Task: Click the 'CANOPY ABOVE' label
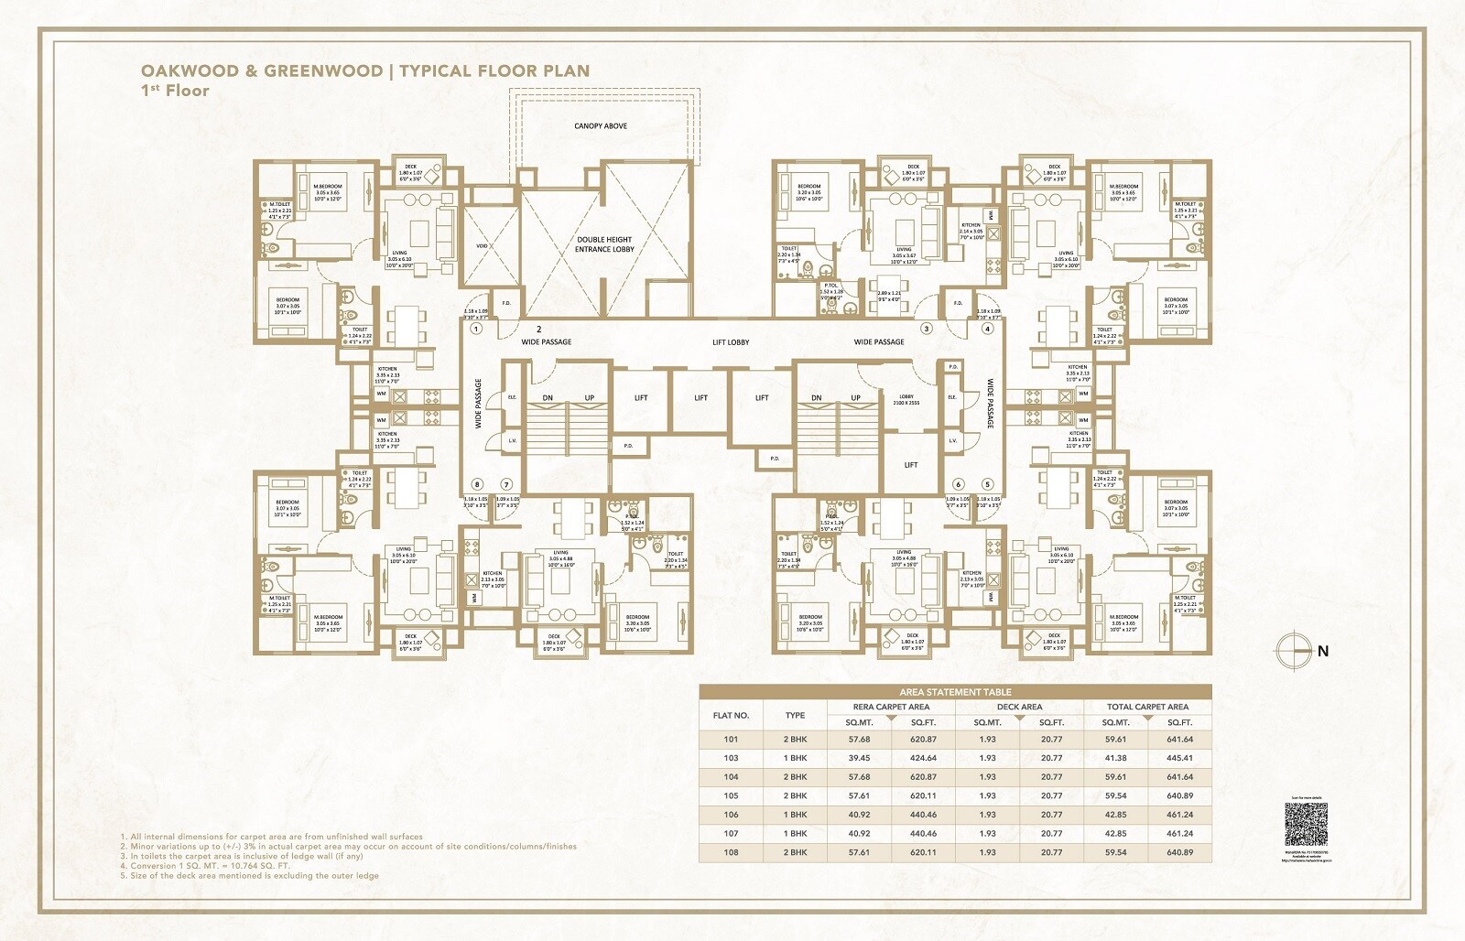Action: click(601, 125)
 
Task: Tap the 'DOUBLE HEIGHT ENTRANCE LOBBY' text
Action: click(604, 244)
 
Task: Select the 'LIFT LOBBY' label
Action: click(731, 342)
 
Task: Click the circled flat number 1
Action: click(476, 328)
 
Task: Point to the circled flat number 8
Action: click(476, 485)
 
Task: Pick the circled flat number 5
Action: click(988, 485)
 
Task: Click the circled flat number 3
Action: click(927, 329)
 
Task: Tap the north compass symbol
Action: click(1289, 651)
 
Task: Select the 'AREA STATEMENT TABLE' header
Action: click(955, 692)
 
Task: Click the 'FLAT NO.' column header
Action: click(731, 715)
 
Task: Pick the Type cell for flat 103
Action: click(795, 758)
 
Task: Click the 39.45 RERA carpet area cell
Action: click(859, 758)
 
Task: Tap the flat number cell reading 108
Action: click(731, 852)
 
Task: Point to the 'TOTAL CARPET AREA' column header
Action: click(1147, 707)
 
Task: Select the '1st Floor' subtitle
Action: click(175, 91)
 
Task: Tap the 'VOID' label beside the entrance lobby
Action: click(482, 245)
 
